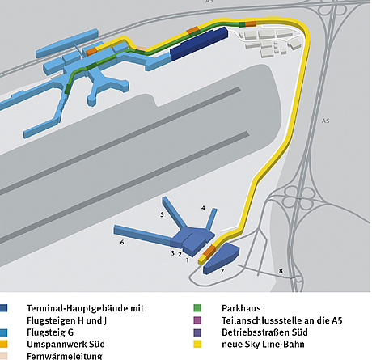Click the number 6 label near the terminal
(122, 242)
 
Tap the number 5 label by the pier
(163, 214)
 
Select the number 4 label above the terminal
(203, 208)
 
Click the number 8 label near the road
(281, 271)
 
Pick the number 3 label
(171, 253)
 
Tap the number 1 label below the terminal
(187, 260)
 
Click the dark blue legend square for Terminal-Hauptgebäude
(6, 308)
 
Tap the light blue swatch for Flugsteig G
(6, 332)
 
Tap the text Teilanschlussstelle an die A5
(275, 320)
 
